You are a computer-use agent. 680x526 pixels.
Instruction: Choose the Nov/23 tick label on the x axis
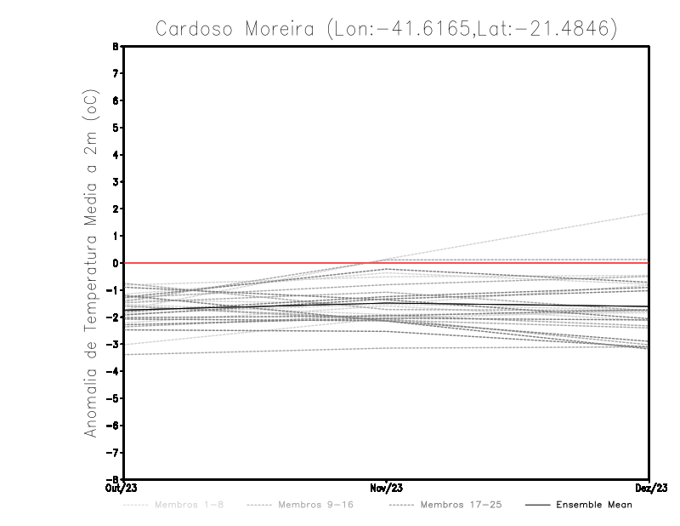pyautogui.click(x=387, y=488)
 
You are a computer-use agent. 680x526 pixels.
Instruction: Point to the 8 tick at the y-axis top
pyautogui.click(x=115, y=47)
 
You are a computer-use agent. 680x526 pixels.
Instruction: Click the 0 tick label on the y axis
pyautogui.click(x=115, y=263)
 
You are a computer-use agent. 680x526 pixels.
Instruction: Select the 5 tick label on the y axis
pyautogui.click(x=115, y=128)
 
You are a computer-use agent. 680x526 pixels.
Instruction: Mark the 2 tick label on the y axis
pyautogui.click(x=115, y=209)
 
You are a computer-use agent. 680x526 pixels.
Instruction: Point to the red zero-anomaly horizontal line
pyautogui.click(x=255, y=263)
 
